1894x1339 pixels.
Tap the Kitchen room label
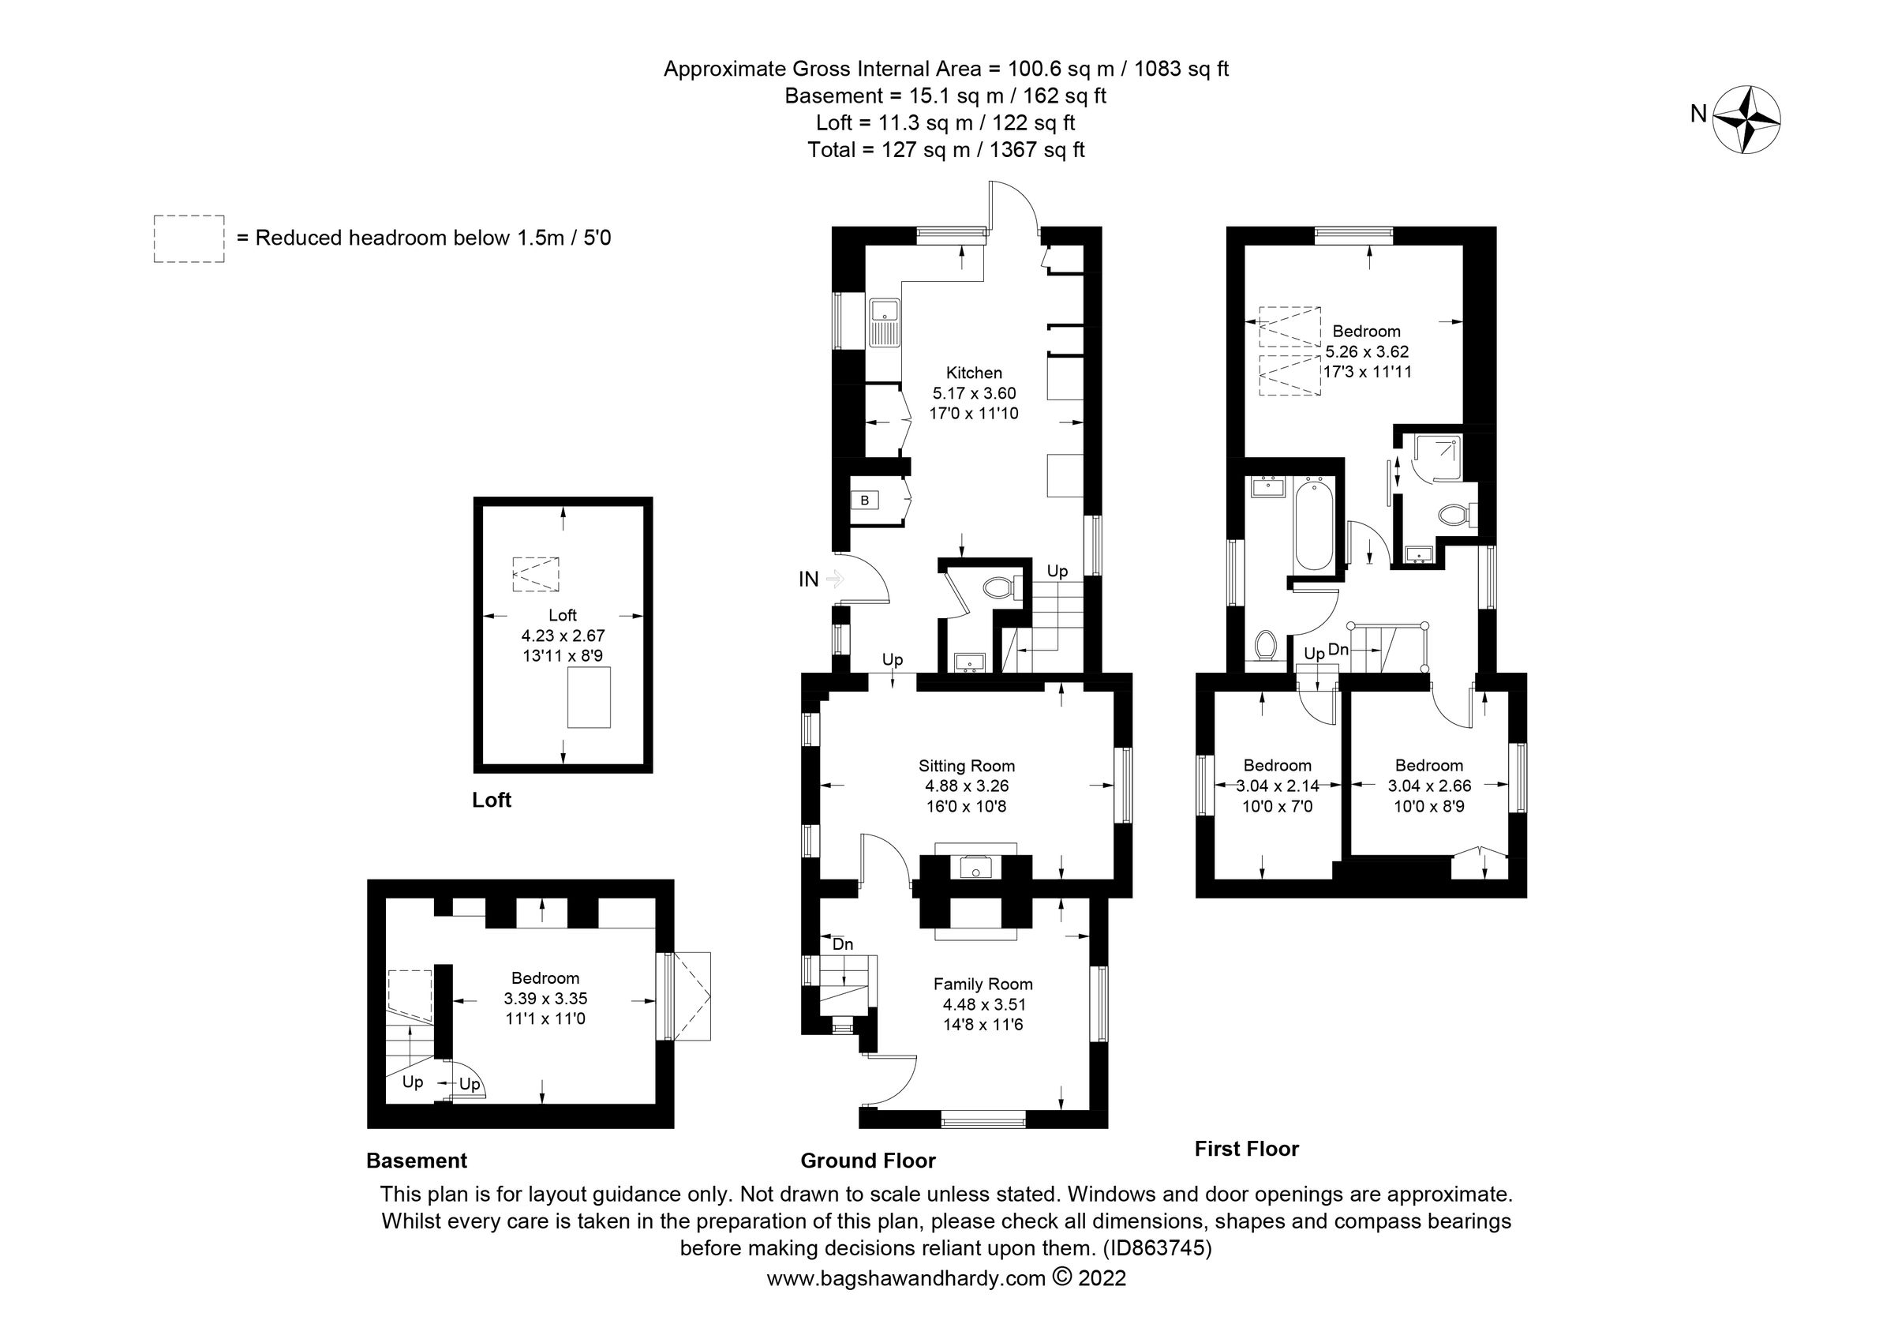click(973, 373)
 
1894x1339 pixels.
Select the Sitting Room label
click(966, 766)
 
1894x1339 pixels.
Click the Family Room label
click(983, 984)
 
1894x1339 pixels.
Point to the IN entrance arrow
click(835, 579)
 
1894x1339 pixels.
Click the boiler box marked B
click(864, 501)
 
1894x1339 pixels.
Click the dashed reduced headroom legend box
click(189, 239)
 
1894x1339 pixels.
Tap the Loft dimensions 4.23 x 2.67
click(563, 636)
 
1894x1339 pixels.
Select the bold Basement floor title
click(417, 1161)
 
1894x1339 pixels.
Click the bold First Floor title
click(1246, 1149)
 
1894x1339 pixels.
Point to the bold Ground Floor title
click(868, 1161)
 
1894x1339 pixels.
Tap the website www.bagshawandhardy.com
click(906, 1279)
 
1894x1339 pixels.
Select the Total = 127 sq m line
click(945, 150)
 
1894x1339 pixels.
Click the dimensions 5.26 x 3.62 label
click(1367, 351)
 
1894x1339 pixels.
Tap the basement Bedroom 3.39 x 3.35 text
click(545, 998)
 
